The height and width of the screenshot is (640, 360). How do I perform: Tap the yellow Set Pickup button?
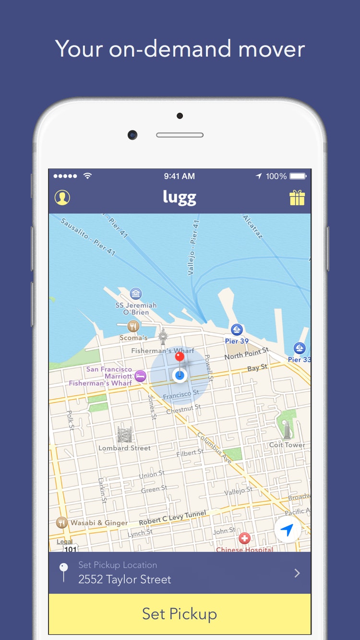(x=180, y=614)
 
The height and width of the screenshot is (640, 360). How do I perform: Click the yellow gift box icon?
(x=297, y=198)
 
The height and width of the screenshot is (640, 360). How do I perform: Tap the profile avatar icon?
(x=62, y=198)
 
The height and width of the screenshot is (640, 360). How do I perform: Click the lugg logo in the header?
(x=180, y=198)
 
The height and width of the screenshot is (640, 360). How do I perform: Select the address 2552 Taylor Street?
(x=125, y=580)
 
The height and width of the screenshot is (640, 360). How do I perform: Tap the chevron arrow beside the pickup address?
(x=297, y=573)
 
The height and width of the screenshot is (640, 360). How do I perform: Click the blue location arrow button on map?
(x=287, y=530)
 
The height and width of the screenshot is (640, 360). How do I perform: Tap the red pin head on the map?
(x=180, y=356)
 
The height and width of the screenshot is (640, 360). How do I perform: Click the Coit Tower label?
(x=287, y=445)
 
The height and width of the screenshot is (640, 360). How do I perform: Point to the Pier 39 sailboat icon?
(x=237, y=330)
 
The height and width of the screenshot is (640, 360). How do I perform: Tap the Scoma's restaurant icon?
(x=133, y=327)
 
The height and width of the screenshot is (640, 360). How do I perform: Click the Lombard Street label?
(x=124, y=448)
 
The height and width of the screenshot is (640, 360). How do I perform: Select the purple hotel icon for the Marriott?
(x=140, y=376)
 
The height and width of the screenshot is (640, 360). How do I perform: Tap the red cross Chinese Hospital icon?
(x=245, y=538)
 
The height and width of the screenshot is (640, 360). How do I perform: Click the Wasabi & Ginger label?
(x=99, y=523)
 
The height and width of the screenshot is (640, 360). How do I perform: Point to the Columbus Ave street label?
(x=215, y=448)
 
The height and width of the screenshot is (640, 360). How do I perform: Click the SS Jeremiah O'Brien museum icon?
(x=136, y=293)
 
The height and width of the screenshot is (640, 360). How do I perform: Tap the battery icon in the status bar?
(x=298, y=176)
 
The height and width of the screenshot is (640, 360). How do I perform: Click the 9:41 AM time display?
(x=180, y=176)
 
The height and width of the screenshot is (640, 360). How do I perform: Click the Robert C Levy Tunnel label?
(x=172, y=518)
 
